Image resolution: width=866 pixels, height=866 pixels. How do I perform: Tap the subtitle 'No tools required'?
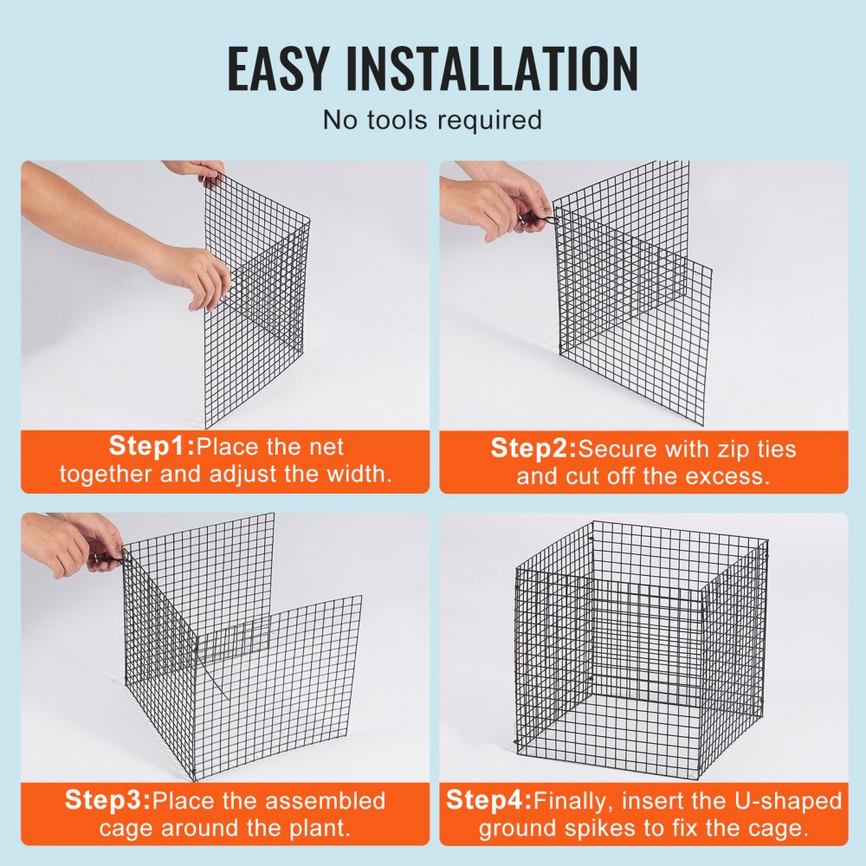[x=432, y=119]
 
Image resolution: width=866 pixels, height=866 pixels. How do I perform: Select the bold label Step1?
[x=152, y=447]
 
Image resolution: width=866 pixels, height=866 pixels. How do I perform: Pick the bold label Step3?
[x=108, y=800]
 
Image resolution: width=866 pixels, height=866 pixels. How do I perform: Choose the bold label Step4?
[x=488, y=800]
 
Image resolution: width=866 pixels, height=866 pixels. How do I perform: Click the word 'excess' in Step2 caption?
[x=723, y=476]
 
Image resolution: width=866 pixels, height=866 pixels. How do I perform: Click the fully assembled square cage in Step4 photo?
[x=641, y=649]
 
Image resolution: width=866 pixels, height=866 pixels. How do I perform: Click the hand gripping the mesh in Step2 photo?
[x=502, y=204]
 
